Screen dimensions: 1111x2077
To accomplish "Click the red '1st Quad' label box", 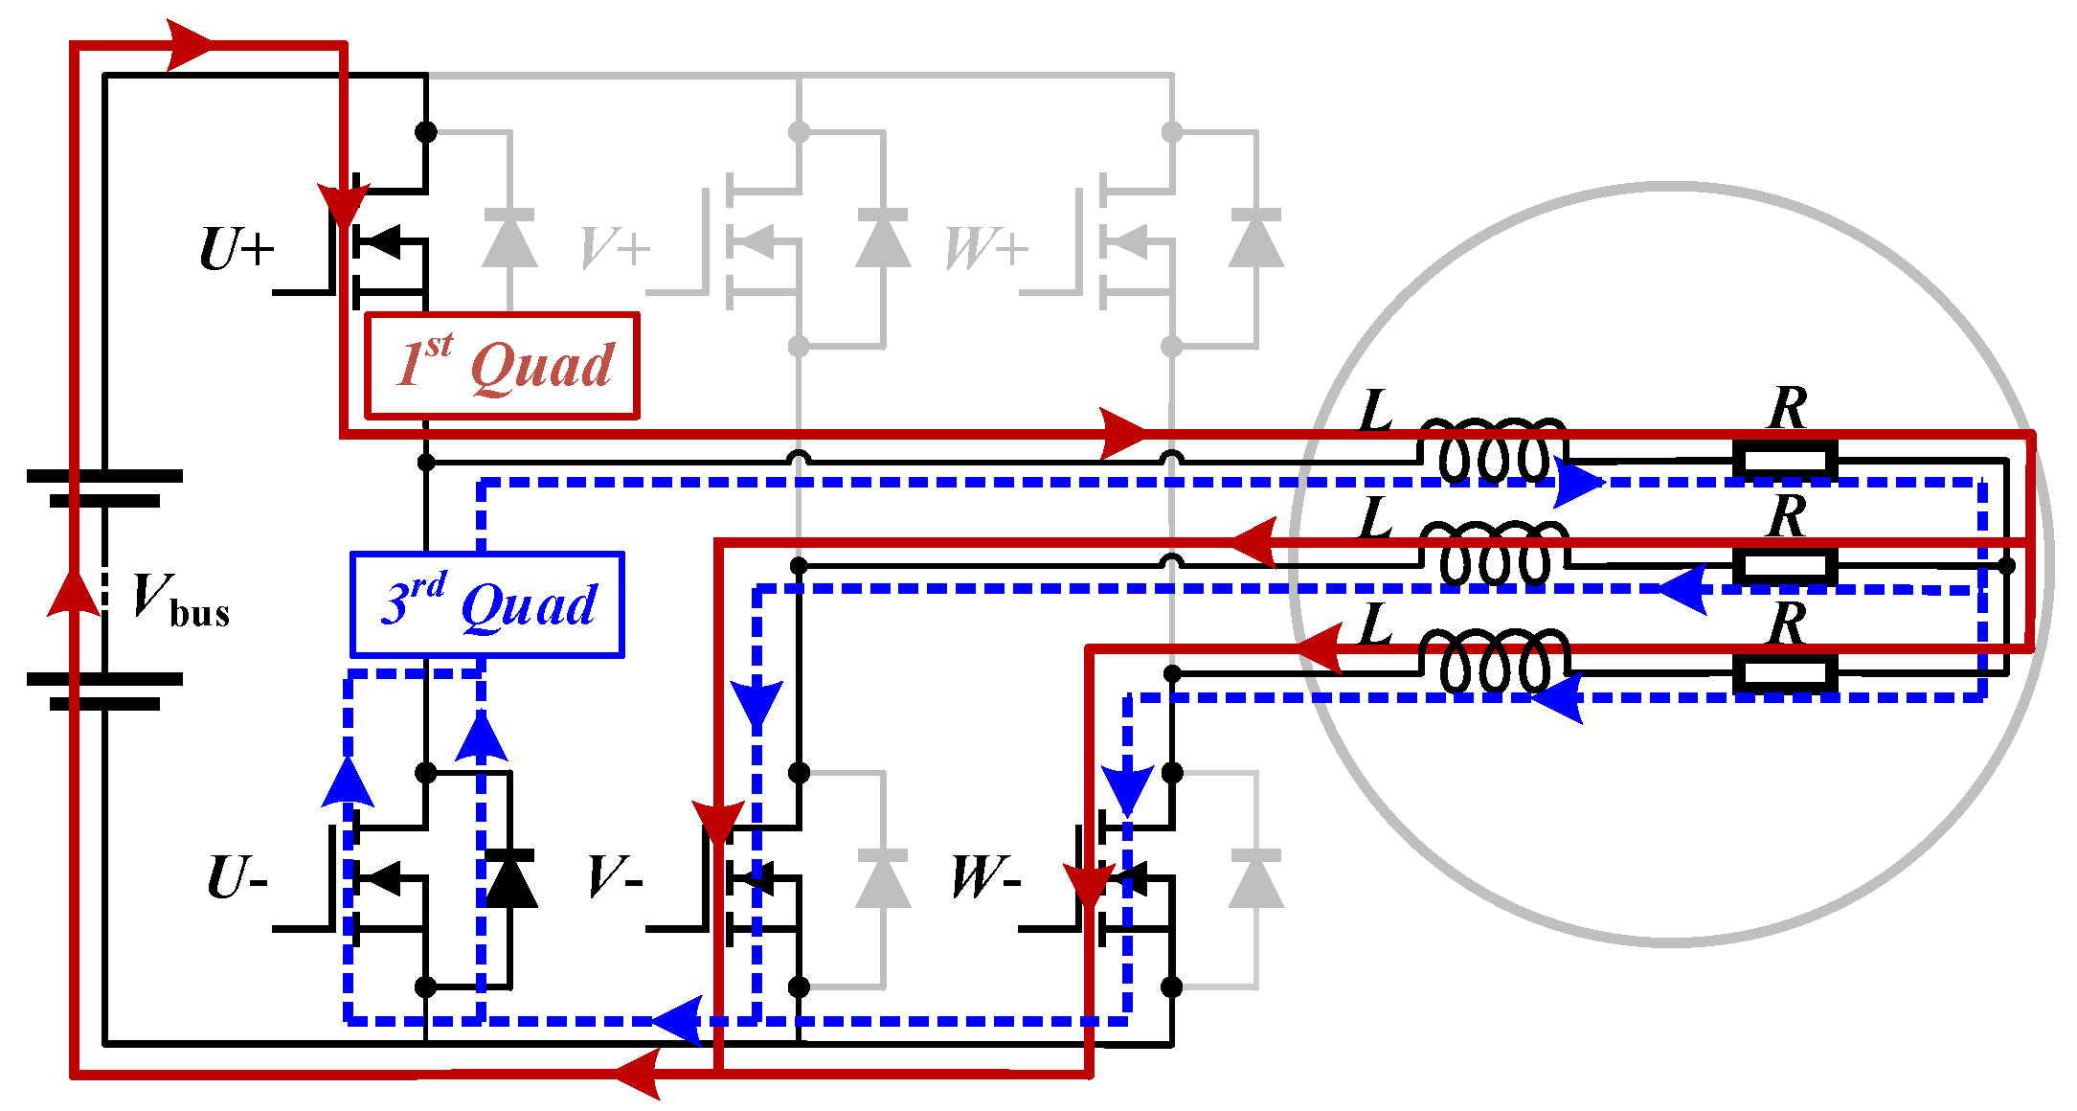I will point(502,366).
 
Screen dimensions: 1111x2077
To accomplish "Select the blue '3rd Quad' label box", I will point(486,605).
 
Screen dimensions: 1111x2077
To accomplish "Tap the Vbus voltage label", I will point(180,600).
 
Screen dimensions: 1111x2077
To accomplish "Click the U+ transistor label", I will point(236,250).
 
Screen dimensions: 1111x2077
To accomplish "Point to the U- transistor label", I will point(236,877).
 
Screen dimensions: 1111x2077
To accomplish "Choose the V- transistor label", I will point(614,877).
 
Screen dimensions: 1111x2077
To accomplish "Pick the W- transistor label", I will point(985,877).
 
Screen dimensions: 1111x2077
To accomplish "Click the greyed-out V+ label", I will point(614,250).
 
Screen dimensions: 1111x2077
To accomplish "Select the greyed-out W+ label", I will point(985,250).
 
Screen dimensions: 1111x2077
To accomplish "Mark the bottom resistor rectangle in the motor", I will point(1785,674).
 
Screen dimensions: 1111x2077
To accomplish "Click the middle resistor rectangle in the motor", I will point(1785,567).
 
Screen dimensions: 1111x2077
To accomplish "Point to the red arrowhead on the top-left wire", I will point(189,44).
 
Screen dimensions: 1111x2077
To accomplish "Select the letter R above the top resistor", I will point(1787,409).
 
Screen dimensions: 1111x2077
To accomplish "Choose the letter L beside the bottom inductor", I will point(1376,626).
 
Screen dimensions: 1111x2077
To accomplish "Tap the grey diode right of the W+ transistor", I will point(1255,239).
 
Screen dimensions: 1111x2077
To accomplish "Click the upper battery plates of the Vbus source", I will point(104,487).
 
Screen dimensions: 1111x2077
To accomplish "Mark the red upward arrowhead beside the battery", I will point(74,589).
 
